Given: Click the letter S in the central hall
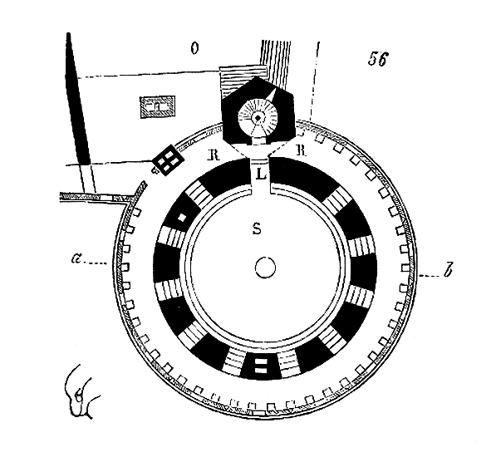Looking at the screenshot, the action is [x=258, y=228].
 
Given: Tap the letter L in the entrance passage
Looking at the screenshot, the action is [x=261, y=174].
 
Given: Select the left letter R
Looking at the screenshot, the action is [x=213, y=155].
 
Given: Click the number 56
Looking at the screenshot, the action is [x=378, y=58].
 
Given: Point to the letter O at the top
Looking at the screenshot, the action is [x=195, y=48].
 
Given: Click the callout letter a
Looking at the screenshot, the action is [x=76, y=259].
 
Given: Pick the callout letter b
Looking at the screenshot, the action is [x=448, y=271].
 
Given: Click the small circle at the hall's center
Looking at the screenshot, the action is [x=265, y=268].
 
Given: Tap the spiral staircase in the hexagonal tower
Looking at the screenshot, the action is [x=258, y=118].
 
